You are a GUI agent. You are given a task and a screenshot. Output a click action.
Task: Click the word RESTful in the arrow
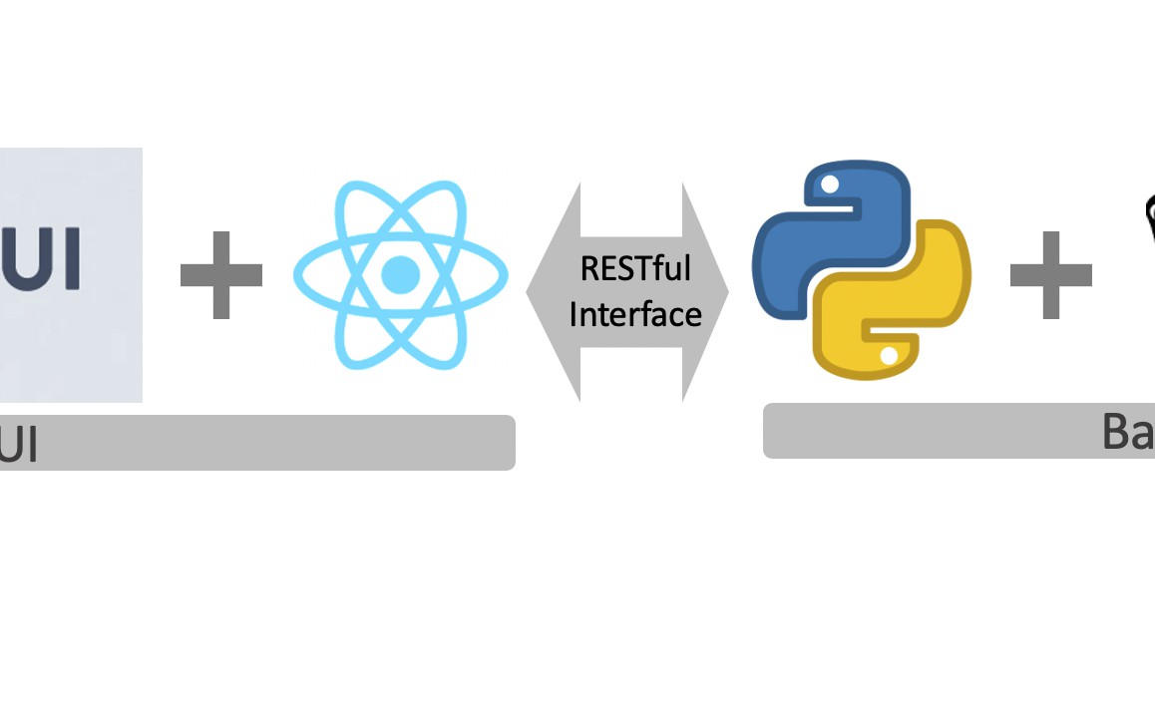(635, 269)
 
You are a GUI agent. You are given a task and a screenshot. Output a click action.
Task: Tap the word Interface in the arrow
(635, 314)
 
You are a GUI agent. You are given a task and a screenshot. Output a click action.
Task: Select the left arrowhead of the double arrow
(552, 292)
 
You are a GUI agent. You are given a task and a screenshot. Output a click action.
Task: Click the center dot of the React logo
(400, 273)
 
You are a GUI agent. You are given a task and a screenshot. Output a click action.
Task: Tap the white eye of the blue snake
(827, 183)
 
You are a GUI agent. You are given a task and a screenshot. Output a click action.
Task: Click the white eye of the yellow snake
(889, 355)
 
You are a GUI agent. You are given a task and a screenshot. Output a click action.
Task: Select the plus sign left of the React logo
(221, 274)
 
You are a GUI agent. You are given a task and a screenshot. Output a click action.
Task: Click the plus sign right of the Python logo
(1050, 274)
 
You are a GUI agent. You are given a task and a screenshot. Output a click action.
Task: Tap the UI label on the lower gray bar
(18, 444)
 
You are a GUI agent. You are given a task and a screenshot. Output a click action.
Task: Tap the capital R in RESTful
(587, 269)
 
